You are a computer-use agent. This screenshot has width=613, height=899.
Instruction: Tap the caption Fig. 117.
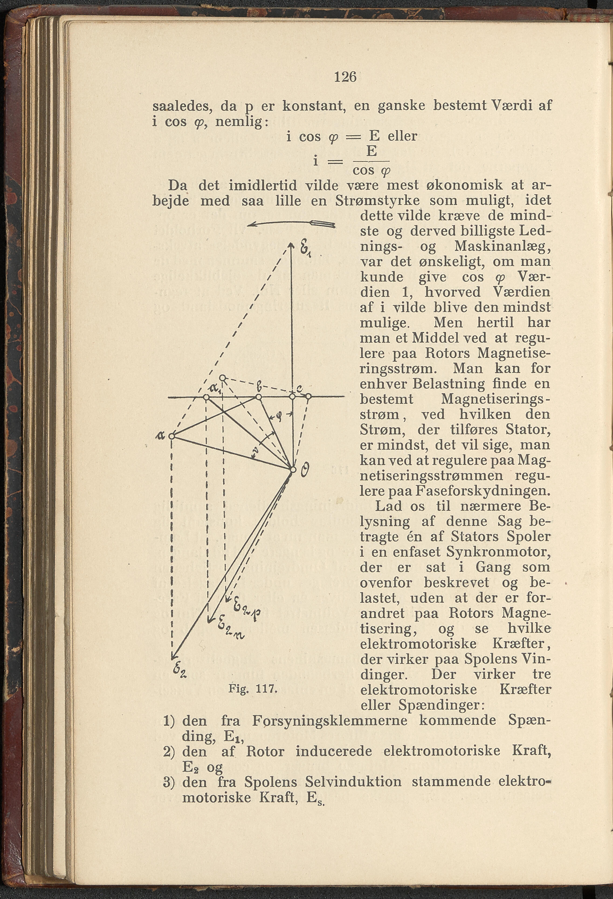coord(253,689)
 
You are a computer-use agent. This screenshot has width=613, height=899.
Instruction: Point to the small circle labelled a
coord(171,436)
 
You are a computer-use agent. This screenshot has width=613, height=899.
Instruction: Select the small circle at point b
coord(259,397)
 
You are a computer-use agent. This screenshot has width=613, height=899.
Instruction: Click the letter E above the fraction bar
coord(371,151)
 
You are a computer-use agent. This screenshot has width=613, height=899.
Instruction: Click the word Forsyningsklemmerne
coord(330,720)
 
